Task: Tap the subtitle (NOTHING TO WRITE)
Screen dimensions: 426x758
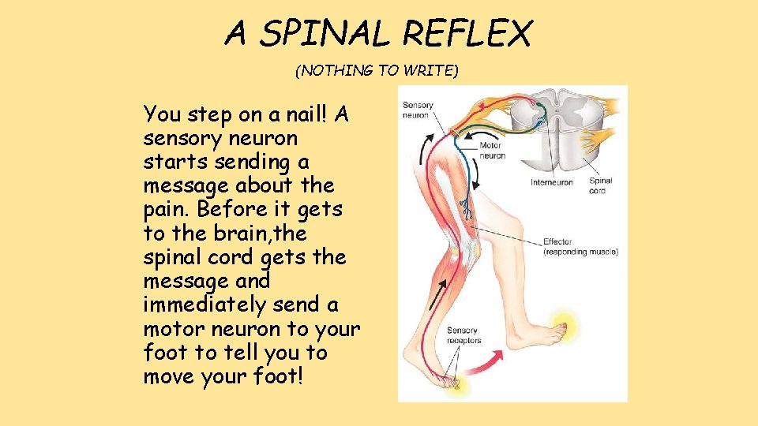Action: tap(376, 71)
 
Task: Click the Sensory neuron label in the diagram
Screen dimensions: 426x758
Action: tap(416, 110)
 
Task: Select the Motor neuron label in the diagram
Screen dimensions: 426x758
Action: tap(492, 150)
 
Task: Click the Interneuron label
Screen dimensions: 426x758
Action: tap(552, 182)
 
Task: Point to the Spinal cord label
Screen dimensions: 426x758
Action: tap(601, 185)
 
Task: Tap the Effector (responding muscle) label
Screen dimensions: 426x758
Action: tap(580, 247)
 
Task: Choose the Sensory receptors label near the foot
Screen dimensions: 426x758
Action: tap(463, 335)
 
